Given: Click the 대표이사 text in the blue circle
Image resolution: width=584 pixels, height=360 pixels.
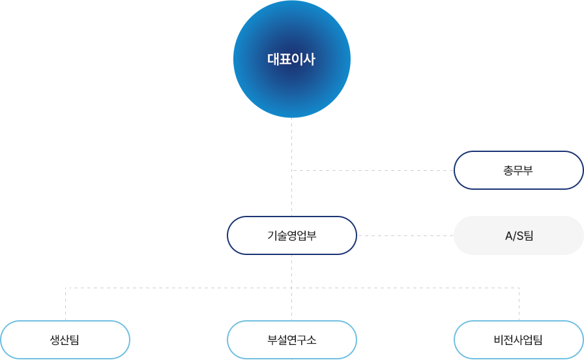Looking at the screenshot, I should point(291,59).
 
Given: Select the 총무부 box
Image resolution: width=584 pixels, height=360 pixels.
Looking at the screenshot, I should point(518,170).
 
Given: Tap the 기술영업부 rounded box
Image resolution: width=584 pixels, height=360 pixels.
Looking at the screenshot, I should point(291,235).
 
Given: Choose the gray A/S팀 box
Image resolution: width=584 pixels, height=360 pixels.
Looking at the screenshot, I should point(518,235).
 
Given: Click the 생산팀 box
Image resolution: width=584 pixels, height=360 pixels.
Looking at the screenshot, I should point(65,340).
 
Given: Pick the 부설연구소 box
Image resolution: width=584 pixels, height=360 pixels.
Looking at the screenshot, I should point(291,340).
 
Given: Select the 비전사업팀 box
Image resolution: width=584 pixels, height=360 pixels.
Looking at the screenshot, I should point(518,340).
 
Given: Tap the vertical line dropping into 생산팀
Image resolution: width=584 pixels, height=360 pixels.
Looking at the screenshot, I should point(65,303).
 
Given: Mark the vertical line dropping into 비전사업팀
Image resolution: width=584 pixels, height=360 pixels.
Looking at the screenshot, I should point(519,303).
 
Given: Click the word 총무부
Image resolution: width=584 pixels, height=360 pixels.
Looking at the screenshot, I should point(518,171).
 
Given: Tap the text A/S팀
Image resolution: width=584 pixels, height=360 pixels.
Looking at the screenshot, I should point(519,235).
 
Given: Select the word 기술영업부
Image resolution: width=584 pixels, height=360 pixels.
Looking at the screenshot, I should point(291,236).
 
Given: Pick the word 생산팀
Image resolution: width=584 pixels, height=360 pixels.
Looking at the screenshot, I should point(65,340).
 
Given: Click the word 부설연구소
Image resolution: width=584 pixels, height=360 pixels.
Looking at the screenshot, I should point(291,340).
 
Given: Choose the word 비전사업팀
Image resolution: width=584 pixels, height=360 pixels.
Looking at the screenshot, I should point(518,340).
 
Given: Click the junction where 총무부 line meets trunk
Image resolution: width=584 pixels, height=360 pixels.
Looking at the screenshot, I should point(292,170).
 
